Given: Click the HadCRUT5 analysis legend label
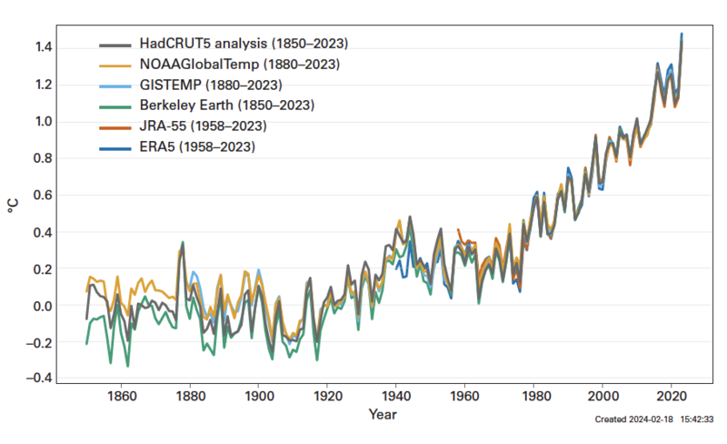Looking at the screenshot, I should point(244,44).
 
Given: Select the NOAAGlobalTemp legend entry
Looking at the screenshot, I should point(240,64).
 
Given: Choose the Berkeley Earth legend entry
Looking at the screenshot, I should point(227,105).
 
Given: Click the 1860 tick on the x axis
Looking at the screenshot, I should point(122,397).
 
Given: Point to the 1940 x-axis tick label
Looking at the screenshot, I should point(396,397).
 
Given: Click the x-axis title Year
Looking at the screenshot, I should point(382,415).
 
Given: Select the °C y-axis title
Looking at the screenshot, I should point(13,206).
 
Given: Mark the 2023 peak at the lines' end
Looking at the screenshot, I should point(682,35).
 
